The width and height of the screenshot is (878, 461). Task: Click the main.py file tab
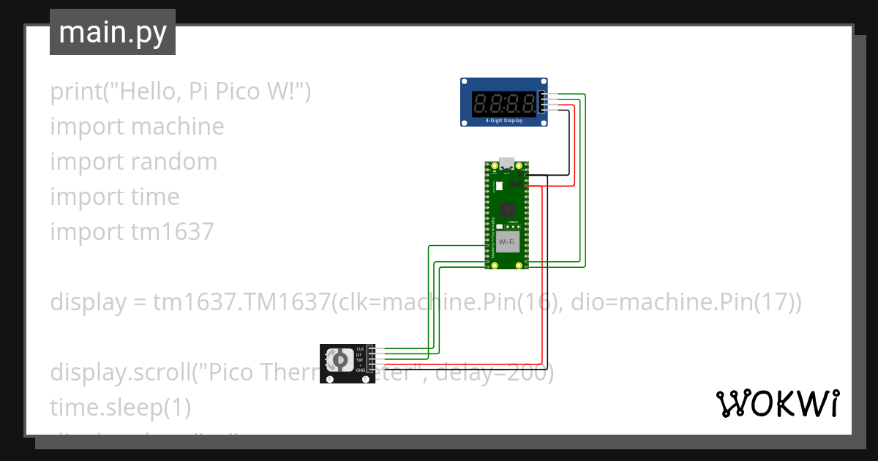[x=113, y=32]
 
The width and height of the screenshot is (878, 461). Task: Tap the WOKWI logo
[x=777, y=403]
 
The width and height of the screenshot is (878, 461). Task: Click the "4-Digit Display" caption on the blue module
[x=504, y=119]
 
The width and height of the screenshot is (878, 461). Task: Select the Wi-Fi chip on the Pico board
[x=506, y=241]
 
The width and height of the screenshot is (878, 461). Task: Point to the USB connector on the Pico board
[x=506, y=164]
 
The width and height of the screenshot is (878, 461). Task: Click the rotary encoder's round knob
[x=338, y=360]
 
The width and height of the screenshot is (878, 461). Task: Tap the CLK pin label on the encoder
[x=360, y=348]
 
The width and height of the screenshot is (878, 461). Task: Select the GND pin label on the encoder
[x=360, y=371]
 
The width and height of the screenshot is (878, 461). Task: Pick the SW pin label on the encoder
[x=360, y=360]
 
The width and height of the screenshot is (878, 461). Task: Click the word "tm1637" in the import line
[x=173, y=232]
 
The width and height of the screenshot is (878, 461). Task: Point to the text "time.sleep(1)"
[x=120, y=408]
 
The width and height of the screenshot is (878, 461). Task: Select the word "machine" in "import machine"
[x=178, y=127]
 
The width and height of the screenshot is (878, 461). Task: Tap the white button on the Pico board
[x=498, y=186]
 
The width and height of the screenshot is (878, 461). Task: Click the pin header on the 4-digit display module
[x=542, y=102]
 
